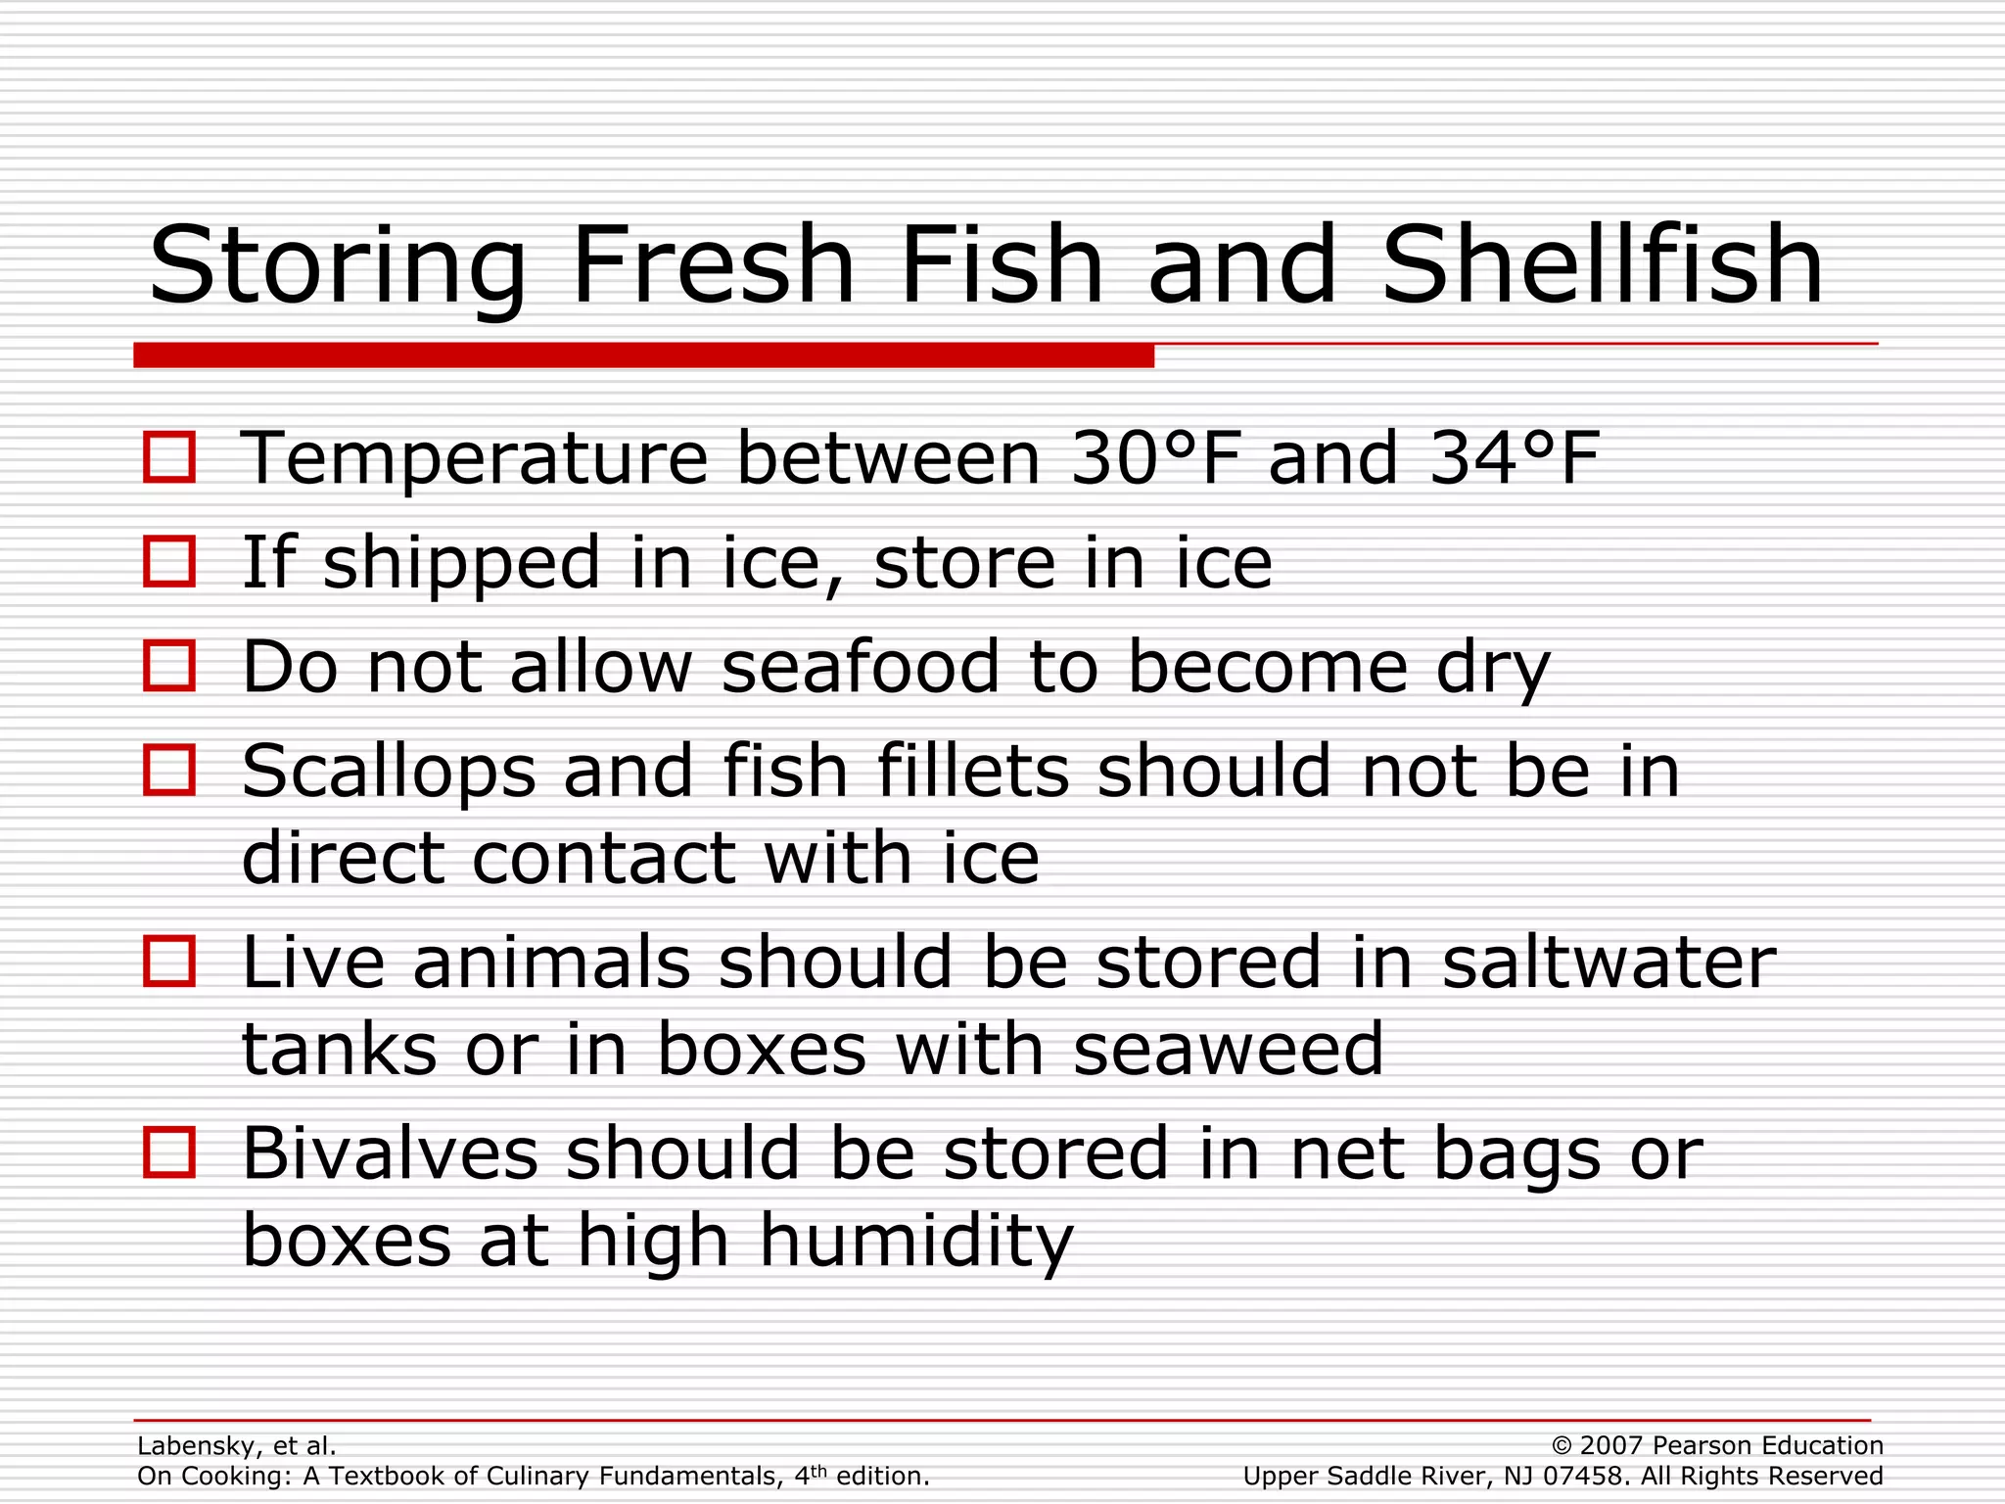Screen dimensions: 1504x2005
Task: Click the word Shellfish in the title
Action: (1603, 264)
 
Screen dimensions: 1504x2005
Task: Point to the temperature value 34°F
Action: (1514, 458)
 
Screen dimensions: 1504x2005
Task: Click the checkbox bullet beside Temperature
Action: (169, 457)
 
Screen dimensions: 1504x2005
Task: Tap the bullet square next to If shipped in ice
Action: (169, 561)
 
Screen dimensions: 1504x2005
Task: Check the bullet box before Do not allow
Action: (169, 666)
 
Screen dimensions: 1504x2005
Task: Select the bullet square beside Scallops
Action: (169, 770)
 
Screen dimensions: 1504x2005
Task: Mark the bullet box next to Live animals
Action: (169, 961)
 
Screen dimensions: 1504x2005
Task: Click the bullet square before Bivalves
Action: (169, 1152)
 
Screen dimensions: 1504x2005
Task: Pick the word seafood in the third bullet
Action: (861, 667)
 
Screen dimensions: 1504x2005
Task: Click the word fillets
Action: (972, 771)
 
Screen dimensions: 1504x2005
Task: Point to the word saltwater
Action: (1609, 962)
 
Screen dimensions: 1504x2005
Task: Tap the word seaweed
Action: (1228, 1049)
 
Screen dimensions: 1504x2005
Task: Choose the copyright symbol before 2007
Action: (1562, 1446)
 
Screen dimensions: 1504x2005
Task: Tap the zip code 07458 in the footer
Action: (1585, 1477)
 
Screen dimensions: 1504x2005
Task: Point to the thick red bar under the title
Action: (643, 354)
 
